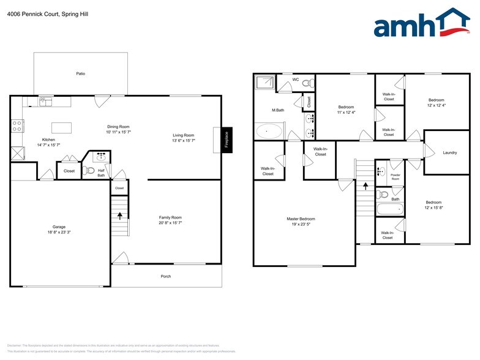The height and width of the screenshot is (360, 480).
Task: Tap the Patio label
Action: (x=80, y=73)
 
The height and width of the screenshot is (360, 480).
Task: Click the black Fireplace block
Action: (x=226, y=139)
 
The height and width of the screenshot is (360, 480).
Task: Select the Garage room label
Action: (x=59, y=227)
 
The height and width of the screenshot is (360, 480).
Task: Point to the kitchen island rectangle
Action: (x=61, y=127)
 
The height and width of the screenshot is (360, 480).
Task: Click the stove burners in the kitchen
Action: (x=18, y=126)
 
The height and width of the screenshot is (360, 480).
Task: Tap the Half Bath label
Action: (x=102, y=173)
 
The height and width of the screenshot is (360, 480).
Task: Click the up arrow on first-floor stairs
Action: (x=119, y=215)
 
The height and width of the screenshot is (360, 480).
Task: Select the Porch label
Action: (x=166, y=276)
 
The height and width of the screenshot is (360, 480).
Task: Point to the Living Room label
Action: (x=183, y=135)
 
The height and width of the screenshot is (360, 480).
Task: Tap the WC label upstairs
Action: (x=295, y=80)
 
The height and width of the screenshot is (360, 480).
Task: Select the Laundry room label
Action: (x=450, y=152)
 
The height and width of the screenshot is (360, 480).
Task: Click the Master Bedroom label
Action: (x=301, y=219)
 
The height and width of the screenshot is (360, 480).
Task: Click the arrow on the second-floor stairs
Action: (x=366, y=186)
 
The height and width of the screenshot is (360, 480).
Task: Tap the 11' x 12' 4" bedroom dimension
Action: (x=346, y=113)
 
